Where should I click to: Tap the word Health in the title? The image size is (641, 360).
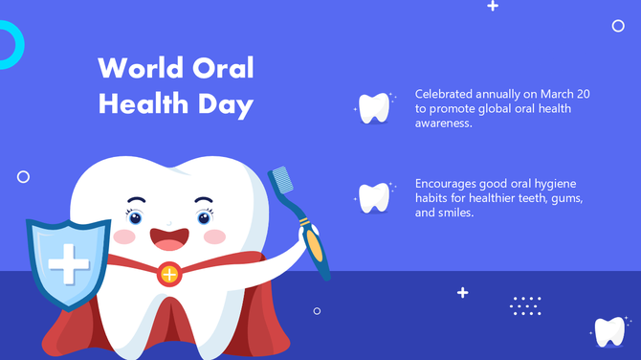point(139,103)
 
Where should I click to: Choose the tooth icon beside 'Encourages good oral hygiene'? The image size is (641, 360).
point(374,197)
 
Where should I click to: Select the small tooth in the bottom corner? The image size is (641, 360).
point(609,331)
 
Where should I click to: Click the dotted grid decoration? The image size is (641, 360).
point(526,305)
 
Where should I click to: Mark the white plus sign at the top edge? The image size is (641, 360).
point(493,6)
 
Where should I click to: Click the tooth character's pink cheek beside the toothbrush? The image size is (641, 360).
point(215,236)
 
